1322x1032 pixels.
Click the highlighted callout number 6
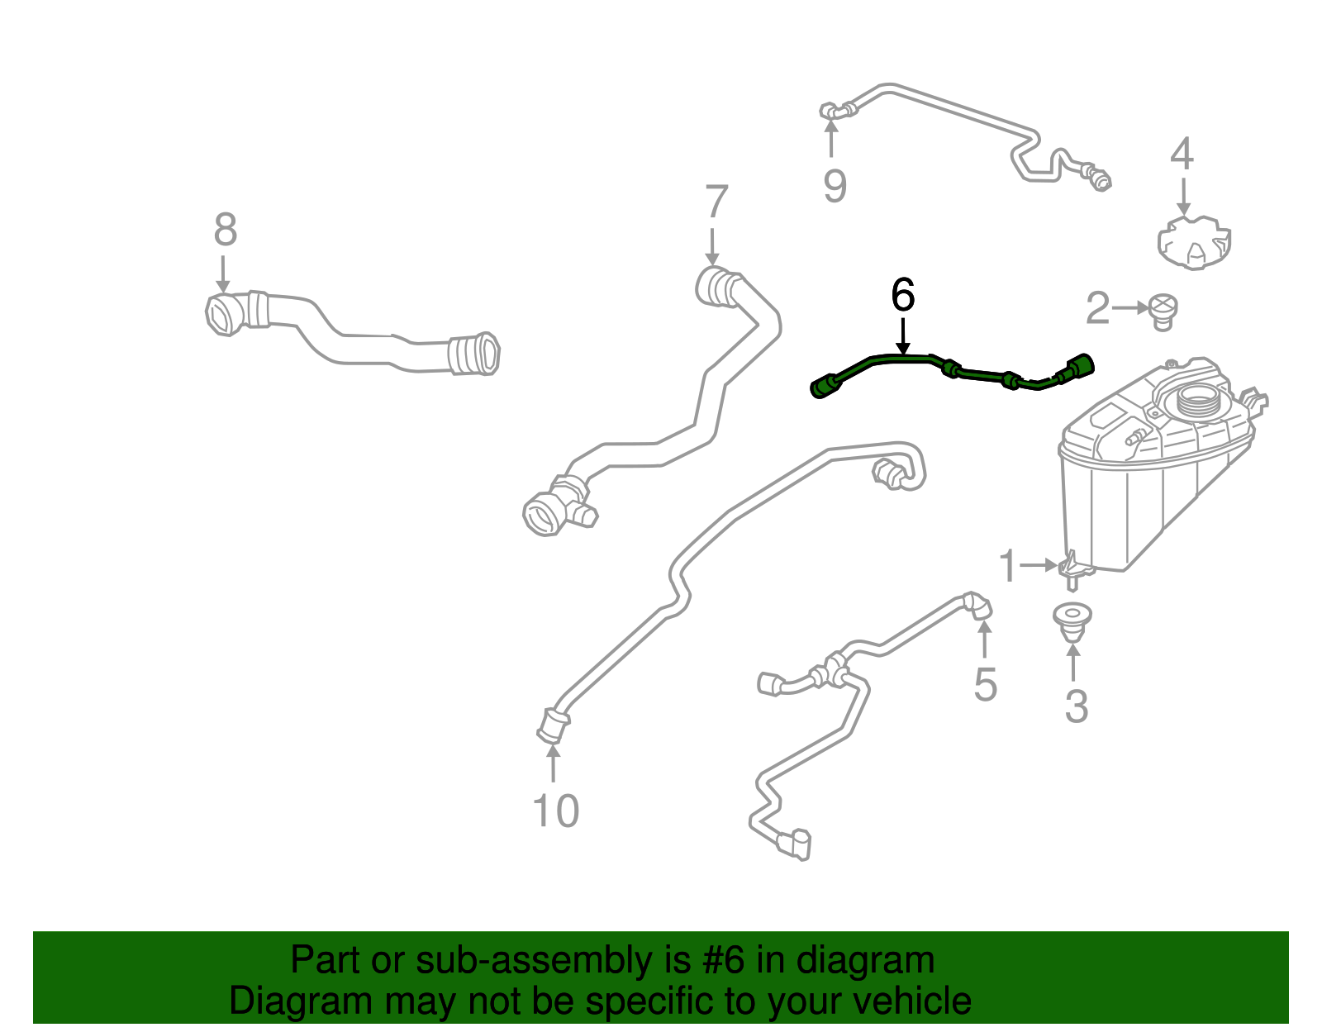[x=903, y=295]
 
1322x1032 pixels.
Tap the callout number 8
[x=225, y=231]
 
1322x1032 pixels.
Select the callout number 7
[x=716, y=203]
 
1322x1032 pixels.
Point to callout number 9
[x=835, y=186]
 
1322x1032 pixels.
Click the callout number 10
[x=555, y=811]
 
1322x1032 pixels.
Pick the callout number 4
[x=1182, y=155]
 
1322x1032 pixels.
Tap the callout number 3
[x=1076, y=706]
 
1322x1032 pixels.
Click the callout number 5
[x=985, y=685]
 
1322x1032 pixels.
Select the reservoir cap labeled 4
[x=1193, y=244]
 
